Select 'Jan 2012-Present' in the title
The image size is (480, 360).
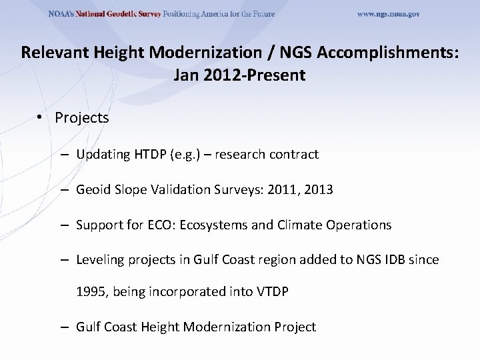pyautogui.click(x=239, y=75)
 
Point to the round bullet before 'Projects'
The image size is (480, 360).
pyautogui.click(x=41, y=118)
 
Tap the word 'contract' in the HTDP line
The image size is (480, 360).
pyautogui.click(x=295, y=155)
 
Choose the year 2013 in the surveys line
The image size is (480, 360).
pyautogui.click(x=317, y=190)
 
